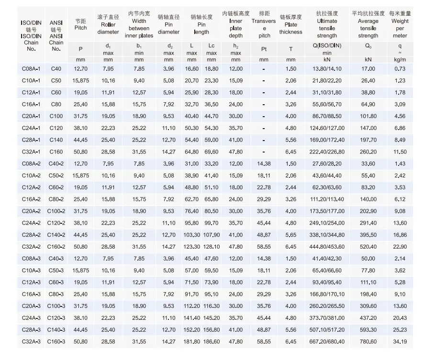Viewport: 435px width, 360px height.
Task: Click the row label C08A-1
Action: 31,69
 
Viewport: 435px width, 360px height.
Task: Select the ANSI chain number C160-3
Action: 56,342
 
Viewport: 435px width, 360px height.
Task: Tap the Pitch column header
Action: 81,24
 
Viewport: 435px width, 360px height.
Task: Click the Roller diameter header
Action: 108,24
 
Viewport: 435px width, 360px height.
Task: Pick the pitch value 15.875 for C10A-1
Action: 81,81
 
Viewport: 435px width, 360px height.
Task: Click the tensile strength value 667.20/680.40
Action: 327,342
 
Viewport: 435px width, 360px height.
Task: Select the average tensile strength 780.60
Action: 368,342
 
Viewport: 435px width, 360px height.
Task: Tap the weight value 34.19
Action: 400,342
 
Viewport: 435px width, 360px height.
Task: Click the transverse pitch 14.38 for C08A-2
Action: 264,164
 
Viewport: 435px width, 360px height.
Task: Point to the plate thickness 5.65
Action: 291,235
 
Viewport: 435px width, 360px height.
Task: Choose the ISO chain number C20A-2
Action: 31,211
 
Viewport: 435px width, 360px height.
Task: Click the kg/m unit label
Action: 400,60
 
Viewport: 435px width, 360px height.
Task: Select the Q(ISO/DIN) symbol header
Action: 327,46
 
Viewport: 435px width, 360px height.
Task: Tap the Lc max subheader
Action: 212,49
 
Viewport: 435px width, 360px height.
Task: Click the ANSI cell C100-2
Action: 56,211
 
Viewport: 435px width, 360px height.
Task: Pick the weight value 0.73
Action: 400,69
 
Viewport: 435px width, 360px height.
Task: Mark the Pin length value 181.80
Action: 192,342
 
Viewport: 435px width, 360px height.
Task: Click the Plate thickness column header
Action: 291,24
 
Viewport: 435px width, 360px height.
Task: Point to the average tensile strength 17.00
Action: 368,69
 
